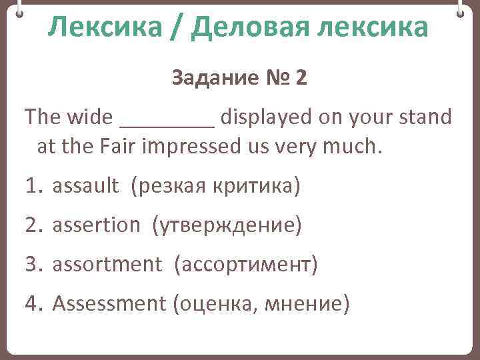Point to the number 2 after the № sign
(301, 79)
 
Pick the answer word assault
(85, 186)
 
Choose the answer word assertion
(96, 225)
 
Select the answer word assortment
(107, 265)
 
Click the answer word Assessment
(109, 304)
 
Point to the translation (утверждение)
(227, 225)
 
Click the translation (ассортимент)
(246, 265)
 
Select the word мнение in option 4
(306, 304)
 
